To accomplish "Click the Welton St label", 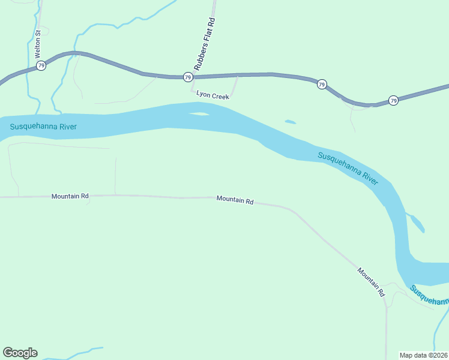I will (x=37, y=40).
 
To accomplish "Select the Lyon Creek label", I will (x=213, y=95).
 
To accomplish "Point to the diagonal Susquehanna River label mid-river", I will (x=348, y=168).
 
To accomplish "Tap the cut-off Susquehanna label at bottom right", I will (x=430, y=295).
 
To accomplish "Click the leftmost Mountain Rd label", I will (x=70, y=196).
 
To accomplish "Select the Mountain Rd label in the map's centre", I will (x=235, y=200).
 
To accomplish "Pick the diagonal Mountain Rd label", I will (x=371, y=281).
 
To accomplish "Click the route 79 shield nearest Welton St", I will (x=41, y=65).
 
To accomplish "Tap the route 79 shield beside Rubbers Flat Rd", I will (x=188, y=77).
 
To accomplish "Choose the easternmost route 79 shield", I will (x=393, y=100).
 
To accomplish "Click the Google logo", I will (x=20, y=353).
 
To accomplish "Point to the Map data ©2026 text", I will (x=424, y=355).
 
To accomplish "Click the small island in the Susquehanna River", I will (x=200, y=113).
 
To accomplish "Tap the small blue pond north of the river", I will (x=290, y=122).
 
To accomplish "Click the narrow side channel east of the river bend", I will (x=417, y=222).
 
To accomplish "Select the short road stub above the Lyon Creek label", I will (x=235, y=85).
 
